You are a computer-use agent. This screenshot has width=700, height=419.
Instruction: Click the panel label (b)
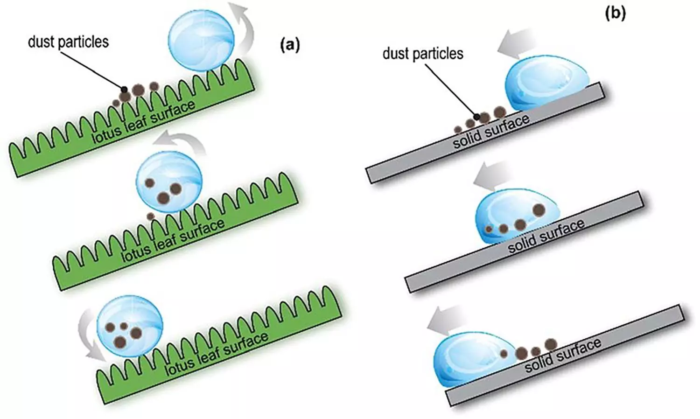[x=615, y=13]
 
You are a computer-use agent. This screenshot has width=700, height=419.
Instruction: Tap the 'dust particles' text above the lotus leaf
[x=68, y=42]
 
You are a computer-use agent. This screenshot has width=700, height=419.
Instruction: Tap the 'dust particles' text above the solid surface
[x=423, y=53]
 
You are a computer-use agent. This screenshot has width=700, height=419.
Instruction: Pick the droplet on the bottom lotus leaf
[x=130, y=326]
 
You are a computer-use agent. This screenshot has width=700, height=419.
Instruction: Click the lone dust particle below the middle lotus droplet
[x=150, y=216]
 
